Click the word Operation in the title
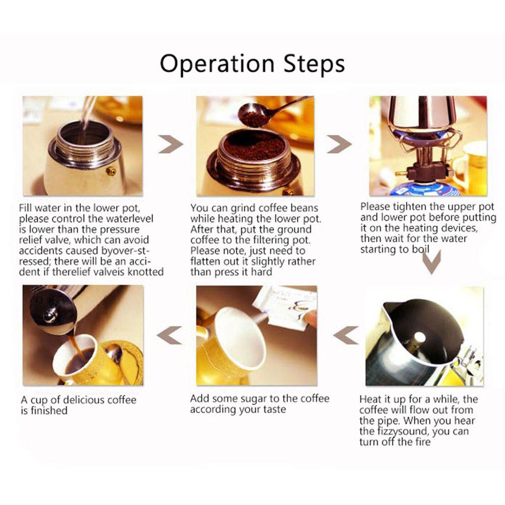click(217, 64)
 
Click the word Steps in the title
click(314, 64)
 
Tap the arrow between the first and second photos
click(170, 144)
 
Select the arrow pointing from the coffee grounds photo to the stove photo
click(339, 144)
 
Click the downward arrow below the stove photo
click(432, 262)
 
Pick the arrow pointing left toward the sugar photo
click(345, 335)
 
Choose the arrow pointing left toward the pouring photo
click(169, 335)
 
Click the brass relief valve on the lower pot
click(111, 171)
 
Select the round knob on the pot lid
click(50, 315)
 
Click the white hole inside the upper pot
click(419, 337)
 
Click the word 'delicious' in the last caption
click(83, 400)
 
